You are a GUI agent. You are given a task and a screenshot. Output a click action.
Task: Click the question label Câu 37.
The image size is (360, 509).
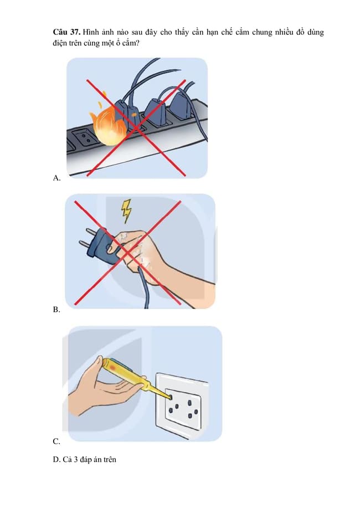66,32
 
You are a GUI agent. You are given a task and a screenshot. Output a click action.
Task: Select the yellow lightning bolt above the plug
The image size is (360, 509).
126,210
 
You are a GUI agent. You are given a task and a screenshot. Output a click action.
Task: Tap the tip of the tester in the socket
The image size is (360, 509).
170,397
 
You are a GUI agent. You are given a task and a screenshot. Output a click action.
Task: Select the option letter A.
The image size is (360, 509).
56,178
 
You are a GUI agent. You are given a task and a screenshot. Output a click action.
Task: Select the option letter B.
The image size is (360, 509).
56,310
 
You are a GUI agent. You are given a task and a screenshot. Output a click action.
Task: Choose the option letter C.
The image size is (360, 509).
56,441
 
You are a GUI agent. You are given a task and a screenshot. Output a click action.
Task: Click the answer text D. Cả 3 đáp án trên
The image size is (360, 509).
84,459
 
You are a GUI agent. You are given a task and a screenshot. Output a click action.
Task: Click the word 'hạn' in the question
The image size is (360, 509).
213,33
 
